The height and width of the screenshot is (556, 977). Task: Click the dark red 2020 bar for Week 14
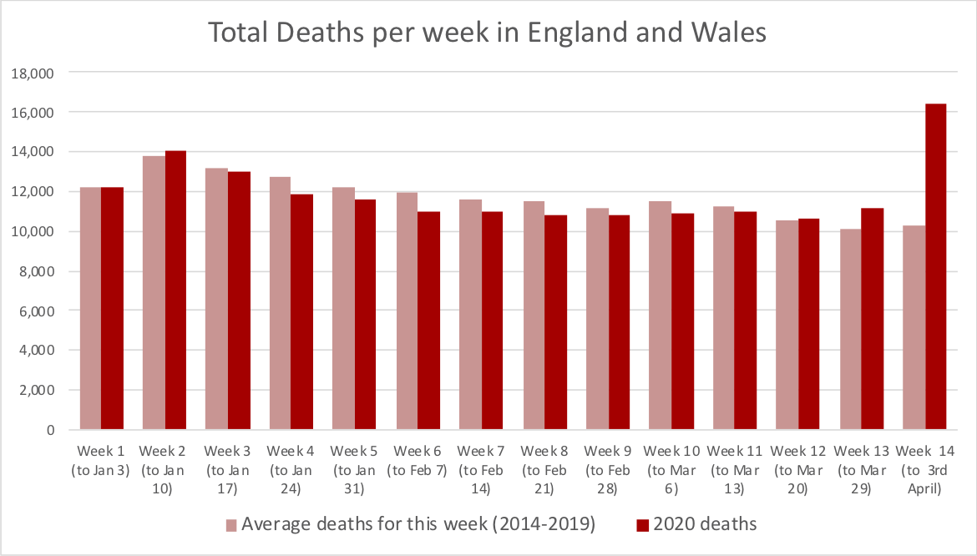coord(936,267)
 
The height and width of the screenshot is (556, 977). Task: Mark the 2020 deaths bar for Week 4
coord(302,312)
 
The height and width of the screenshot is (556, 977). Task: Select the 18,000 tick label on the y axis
coord(33,73)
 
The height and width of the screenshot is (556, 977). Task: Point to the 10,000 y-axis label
coord(33,231)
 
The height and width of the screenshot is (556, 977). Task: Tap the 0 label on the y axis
coord(50,430)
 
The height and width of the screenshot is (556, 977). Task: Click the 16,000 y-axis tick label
coord(33,113)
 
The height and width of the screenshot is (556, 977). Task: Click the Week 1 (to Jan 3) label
coord(101,460)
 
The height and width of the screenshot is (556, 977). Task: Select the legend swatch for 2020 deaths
coord(642,525)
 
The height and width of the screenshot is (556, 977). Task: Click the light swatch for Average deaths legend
coord(231,525)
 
